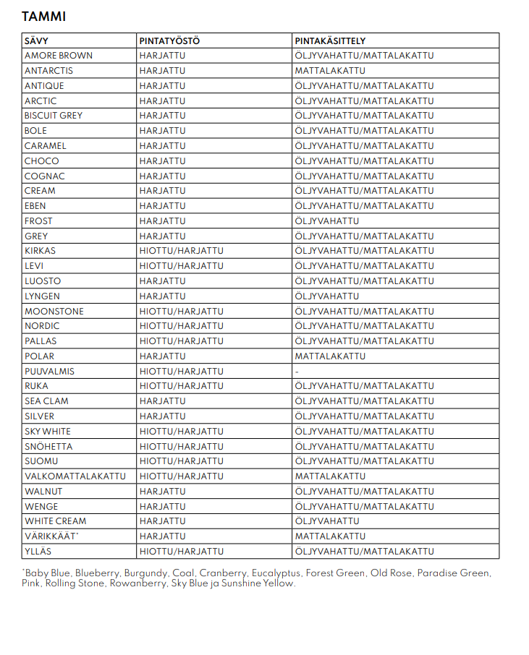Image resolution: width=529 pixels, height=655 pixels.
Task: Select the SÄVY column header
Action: (x=36, y=41)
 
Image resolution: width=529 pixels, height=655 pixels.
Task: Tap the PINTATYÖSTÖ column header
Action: (x=169, y=41)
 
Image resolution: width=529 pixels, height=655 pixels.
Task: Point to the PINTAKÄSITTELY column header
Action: (x=330, y=41)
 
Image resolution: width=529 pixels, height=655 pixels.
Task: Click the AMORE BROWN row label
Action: (x=59, y=56)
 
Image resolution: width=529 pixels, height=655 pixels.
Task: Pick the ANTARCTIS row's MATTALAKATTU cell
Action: (x=329, y=71)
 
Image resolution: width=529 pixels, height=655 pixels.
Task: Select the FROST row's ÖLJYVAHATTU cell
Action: (x=326, y=221)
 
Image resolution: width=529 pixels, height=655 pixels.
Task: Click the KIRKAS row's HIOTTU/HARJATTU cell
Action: (x=181, y=251)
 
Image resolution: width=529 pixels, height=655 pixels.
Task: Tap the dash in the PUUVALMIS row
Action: (x=297, y=372)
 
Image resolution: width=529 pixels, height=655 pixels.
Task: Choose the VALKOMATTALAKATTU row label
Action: (x=75, y=476)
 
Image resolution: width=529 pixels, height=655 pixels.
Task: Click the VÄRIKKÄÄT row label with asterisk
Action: (x=51, y=536)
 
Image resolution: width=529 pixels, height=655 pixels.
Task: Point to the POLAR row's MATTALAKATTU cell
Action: (x=329, y=356)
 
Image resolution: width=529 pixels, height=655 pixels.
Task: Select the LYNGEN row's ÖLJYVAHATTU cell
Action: (x=326, y=296)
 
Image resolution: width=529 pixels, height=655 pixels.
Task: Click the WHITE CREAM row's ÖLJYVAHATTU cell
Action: (x=326, y=521)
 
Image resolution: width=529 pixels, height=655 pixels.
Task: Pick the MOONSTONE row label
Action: (x=54, y=312)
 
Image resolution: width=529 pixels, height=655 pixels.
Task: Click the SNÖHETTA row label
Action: (x=48, y=447)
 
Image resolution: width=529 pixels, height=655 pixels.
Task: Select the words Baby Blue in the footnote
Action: (x=48, y=573)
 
